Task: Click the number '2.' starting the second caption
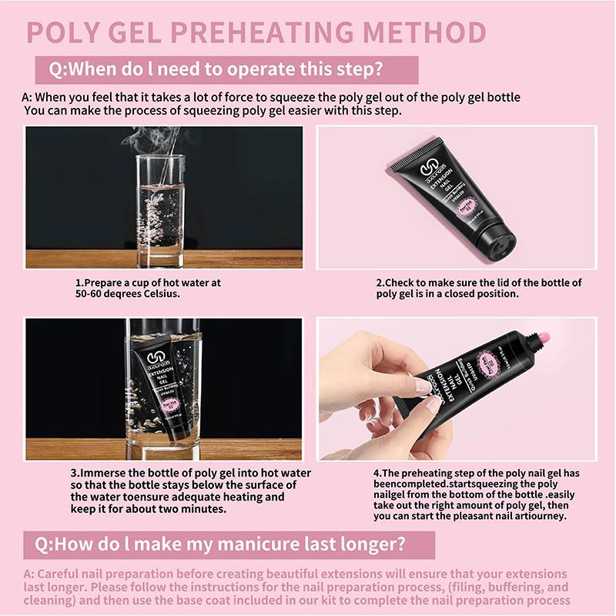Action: pos(380,283)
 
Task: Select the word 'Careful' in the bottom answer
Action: pos(59,575)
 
